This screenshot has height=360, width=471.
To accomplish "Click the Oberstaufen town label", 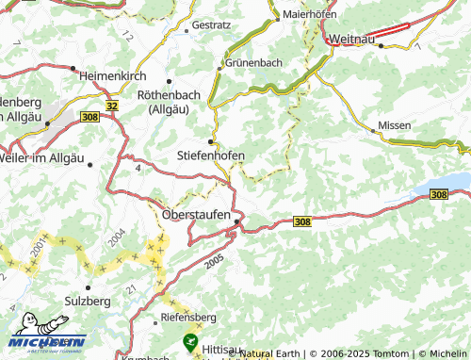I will [196, 214].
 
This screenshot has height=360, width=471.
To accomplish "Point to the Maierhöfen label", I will [317, 15].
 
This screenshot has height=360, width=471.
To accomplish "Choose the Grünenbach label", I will [253, 63].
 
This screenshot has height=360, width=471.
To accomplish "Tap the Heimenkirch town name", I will [115, 74].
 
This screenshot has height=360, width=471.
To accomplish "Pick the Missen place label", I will [395, 125].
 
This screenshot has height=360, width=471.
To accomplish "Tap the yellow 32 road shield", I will [113, 106].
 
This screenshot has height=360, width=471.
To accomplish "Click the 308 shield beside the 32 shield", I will [90, 116].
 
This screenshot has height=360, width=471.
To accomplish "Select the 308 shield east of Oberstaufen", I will [301, 221].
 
